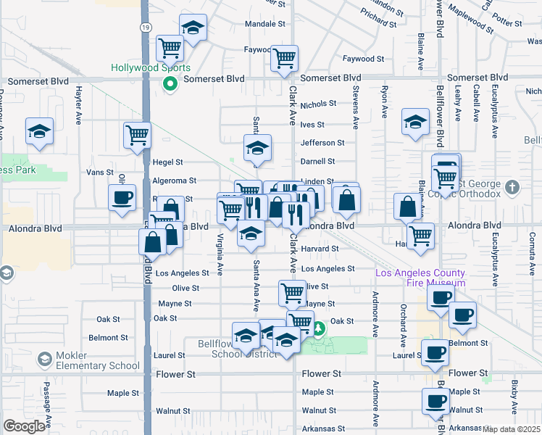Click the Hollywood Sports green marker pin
coord(171,84)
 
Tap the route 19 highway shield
coord(146,27)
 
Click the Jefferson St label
coord(322,143)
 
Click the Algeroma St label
coord(174,181)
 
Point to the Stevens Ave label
coord(356,109)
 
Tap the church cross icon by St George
coord(512,188)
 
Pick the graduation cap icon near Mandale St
coord(192,28)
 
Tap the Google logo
coord(24,426)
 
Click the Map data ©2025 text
coord(512,429)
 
